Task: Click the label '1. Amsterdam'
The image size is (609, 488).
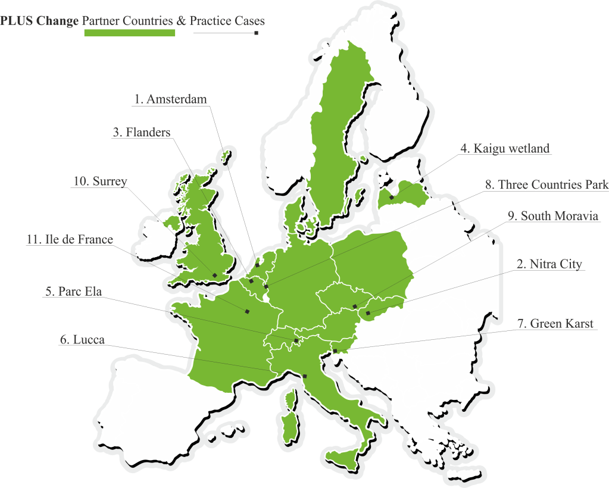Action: point(170,99)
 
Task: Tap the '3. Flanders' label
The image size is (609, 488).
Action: point(141,132)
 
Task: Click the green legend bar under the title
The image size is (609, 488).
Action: point(130,33)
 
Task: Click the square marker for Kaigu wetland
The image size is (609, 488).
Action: point(392,198)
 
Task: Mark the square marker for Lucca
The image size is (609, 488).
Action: point(305,376)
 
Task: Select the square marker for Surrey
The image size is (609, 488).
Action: point(214,274)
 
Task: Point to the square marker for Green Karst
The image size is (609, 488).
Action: point(335,351)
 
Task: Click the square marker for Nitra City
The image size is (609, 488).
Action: point(368,313)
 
